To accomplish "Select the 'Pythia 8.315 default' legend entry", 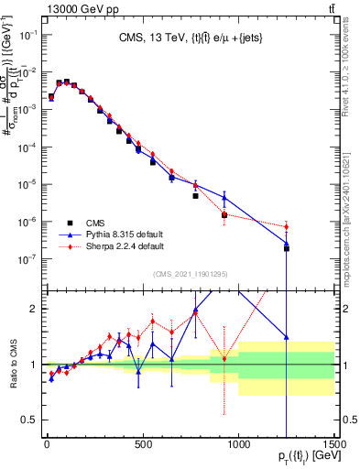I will (125, 234).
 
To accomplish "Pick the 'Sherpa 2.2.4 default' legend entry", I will (126, 245).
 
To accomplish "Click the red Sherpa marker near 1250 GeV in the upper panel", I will (286, 226).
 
